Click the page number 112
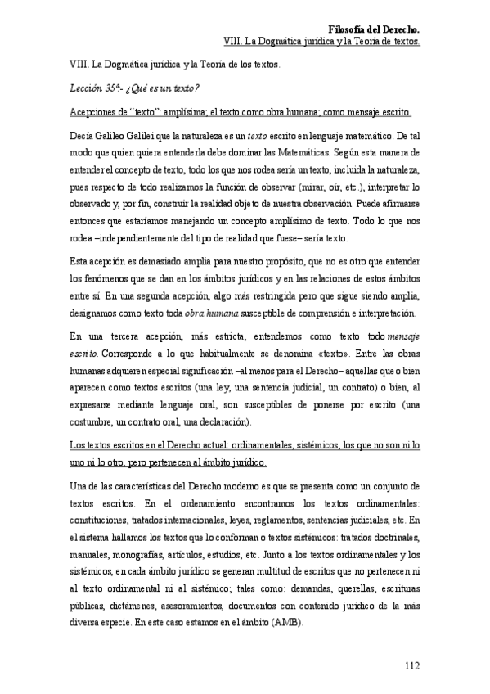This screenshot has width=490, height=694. pos(411,665)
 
